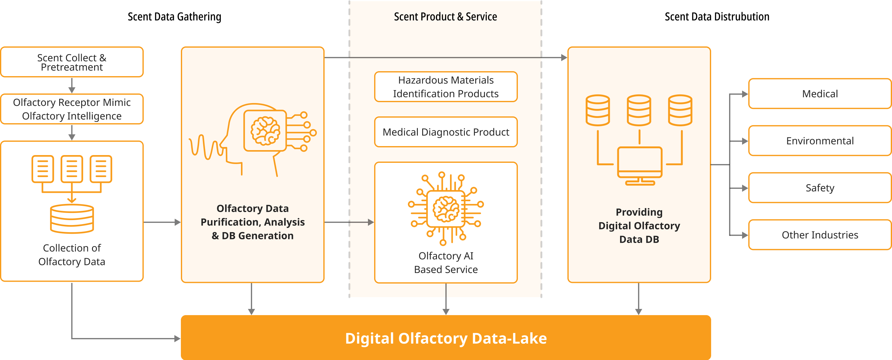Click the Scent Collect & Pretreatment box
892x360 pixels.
coord(72,62)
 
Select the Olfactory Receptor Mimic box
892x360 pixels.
coord(72,109)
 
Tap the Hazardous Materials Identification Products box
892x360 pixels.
coord(446,87)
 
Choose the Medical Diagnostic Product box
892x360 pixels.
coord(446,132)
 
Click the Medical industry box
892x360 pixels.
coord(820,94)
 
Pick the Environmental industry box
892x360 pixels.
coord(820,141)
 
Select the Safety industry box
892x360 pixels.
coord(820,188)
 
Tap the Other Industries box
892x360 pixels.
coord(820,235)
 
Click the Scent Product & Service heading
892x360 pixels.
coord(445,17)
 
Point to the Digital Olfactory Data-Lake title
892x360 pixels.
coord(446,338)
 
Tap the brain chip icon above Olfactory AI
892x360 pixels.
coord(446,208)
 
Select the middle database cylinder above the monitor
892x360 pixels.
coord(639,110)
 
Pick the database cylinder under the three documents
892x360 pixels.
coord(72,219)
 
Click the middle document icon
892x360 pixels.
coord(72,169)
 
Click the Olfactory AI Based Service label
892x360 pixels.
coord(446,263)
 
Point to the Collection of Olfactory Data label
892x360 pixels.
coord(72,255)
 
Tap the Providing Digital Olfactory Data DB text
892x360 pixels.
coord(639,226)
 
